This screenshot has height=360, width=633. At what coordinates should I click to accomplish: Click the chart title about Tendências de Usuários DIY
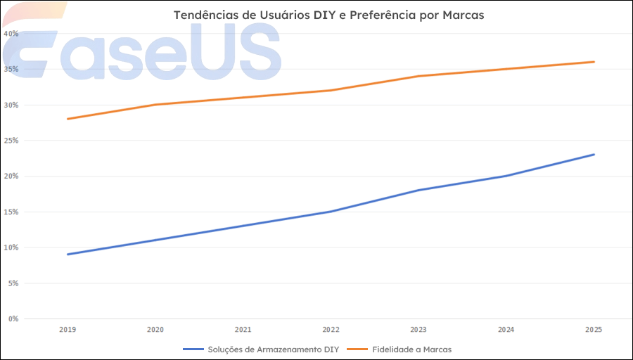coord(328,15)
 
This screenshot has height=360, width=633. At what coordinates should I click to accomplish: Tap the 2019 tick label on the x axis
coord(68,329)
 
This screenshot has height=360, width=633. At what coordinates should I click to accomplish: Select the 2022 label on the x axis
coord(331,329)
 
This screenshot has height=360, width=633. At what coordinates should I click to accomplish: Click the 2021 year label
coord(243,329)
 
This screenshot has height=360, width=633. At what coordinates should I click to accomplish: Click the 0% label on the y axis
coord(13,319)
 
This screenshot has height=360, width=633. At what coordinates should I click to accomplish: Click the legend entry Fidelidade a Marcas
coord(411,349)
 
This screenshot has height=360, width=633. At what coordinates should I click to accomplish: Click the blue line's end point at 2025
coord(594,155)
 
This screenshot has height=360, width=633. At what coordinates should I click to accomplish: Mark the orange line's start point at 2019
coord(68,119)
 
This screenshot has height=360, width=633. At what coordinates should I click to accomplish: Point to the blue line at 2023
coord(418,190)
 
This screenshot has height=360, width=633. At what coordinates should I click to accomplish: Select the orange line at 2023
coord(418,76)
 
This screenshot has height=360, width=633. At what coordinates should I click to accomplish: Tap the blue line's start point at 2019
coord(68,255)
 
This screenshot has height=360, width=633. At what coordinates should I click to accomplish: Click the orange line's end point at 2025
coord(594,62)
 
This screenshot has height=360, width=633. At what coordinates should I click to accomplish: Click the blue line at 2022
coord(331,212)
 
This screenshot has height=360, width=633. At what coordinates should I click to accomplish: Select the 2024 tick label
coord(506,329)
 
